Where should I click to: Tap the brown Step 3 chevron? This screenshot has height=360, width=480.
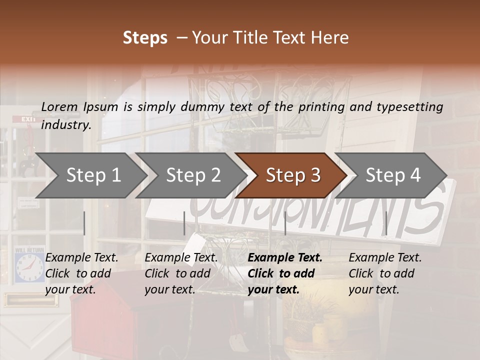293,175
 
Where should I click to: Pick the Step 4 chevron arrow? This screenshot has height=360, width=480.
393,175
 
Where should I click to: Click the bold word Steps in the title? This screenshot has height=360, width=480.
145,38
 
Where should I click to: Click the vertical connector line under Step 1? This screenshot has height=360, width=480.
84,223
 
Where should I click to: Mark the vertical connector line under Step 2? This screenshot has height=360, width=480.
184,223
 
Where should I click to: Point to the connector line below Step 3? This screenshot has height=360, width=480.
285,223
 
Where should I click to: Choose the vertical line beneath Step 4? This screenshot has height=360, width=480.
386,223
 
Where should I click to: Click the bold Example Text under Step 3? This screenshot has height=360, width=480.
285,258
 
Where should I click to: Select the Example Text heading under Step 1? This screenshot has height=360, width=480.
81,258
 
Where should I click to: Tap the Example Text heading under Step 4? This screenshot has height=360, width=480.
385,258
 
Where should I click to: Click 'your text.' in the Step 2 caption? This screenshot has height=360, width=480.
170,289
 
